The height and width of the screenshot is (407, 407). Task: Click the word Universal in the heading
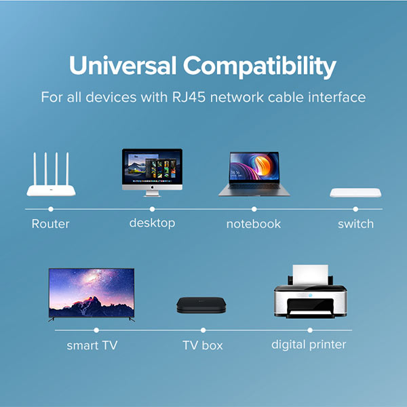(x=123, y=65)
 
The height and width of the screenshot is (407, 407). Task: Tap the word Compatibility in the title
(x=260, y=67)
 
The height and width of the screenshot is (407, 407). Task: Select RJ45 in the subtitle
(x=189, y=97)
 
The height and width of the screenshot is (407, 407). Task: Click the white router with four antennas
(x=51, y=174)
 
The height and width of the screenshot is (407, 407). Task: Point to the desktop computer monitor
(x=152, y=172)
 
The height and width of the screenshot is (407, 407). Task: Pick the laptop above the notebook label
(x=254, y=174)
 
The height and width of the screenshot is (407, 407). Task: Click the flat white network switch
(x=355, y=193)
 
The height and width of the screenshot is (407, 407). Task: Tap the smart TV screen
(x=92, y=293)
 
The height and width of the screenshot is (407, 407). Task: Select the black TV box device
(x=201, y=305)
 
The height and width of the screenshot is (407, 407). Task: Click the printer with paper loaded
(x=310, y=292)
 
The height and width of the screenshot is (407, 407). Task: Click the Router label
(x=51, y=224)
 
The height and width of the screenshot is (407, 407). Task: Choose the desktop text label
(x=152, y=223)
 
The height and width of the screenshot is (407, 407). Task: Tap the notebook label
(x=254, y=224)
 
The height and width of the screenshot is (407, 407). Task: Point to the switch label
(x=356, y=224)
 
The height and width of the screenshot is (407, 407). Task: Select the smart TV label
(x=92, y=345)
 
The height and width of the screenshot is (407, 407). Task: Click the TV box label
(x=203, y=345)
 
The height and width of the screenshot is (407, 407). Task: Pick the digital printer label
(x=309, y=345)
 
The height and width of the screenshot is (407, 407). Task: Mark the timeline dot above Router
(x=51, y=209)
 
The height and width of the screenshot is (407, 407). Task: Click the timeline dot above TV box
(x=203, y=330)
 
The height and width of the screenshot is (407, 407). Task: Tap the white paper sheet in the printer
(x=310, y=275)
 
